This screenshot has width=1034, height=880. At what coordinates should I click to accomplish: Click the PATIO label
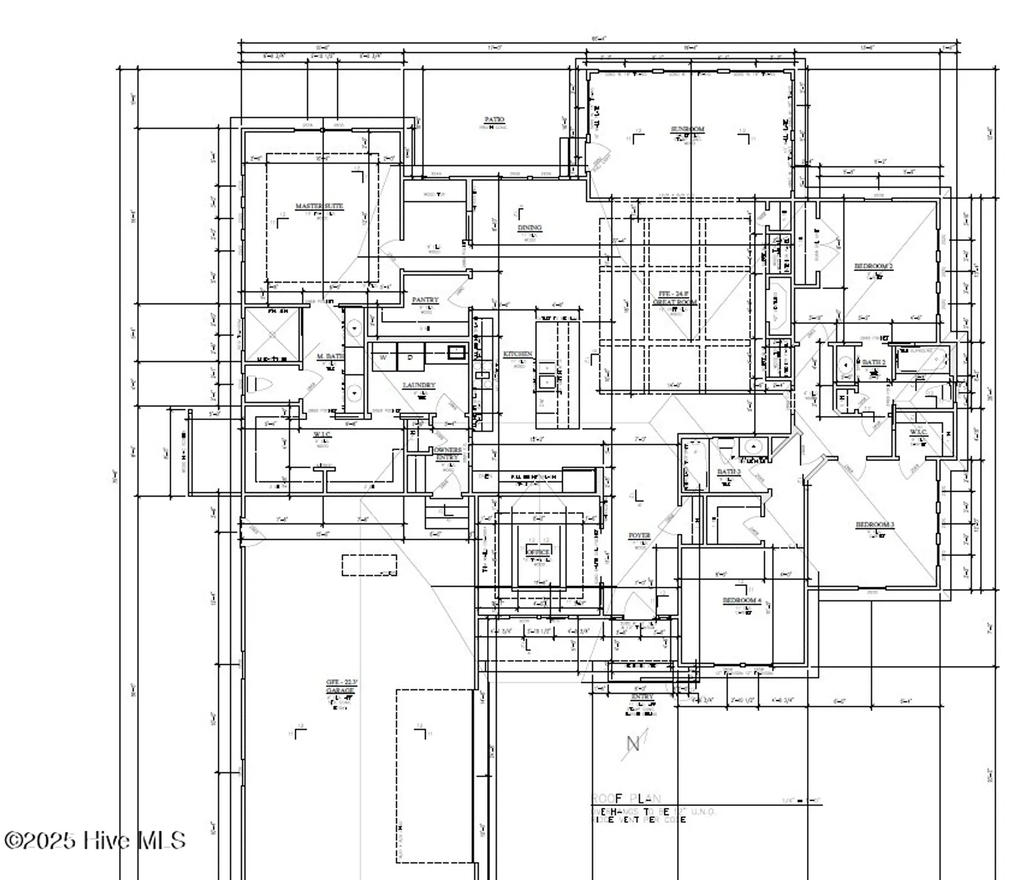click(494, 120)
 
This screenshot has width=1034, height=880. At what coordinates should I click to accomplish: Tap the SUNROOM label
click(687, 129)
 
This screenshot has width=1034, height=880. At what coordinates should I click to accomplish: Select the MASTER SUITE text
click(319, 207)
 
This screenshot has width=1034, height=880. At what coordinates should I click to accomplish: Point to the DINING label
click(529, 228)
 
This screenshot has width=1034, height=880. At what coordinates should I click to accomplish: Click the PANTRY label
click(425, 300)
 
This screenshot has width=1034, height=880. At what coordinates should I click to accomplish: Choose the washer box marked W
click(383, 357)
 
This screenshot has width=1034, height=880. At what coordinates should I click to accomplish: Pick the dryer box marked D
click(411, 357)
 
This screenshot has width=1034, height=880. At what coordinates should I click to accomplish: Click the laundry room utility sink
click(456, 352)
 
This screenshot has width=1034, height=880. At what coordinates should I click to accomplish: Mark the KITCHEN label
click(518, 354)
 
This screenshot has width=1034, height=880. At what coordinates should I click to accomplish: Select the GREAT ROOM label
click(675, 303)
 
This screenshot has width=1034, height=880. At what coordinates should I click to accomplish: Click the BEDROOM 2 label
click(873, 266)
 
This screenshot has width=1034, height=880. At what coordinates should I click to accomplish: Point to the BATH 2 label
click(873, 363)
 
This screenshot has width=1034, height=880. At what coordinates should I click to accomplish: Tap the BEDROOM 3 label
click(874, 524)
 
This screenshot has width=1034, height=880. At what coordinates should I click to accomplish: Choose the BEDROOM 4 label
click(742, 601)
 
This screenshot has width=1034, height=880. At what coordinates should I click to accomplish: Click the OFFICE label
click(538, 552)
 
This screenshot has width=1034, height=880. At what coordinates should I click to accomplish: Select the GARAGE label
click(340, 691)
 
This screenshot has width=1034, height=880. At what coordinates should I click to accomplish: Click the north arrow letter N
click(633, 744)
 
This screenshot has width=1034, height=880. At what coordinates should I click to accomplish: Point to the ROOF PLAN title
click(626, 798)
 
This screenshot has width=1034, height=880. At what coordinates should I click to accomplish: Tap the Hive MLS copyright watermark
click(95, 840)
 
